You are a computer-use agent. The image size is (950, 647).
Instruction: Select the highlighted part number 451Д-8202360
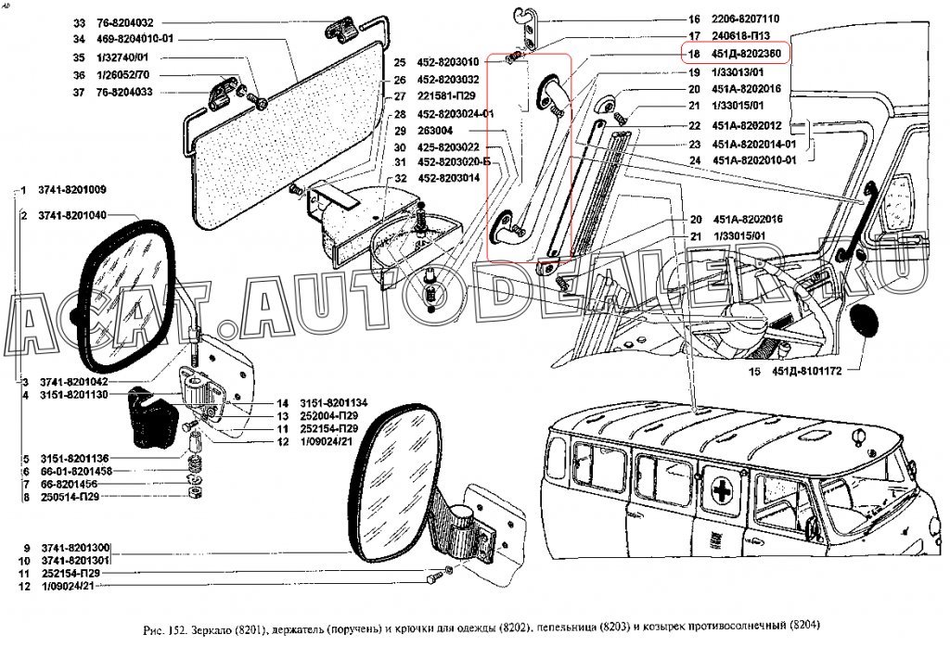tap(746, 53)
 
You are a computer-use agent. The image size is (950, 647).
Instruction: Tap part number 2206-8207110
tap(746, 19)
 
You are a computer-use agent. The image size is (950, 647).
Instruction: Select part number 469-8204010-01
tap(141, 40)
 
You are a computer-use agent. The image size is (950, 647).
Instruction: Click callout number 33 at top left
tap(78, 23)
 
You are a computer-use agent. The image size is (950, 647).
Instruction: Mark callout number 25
tap(400, 62)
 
